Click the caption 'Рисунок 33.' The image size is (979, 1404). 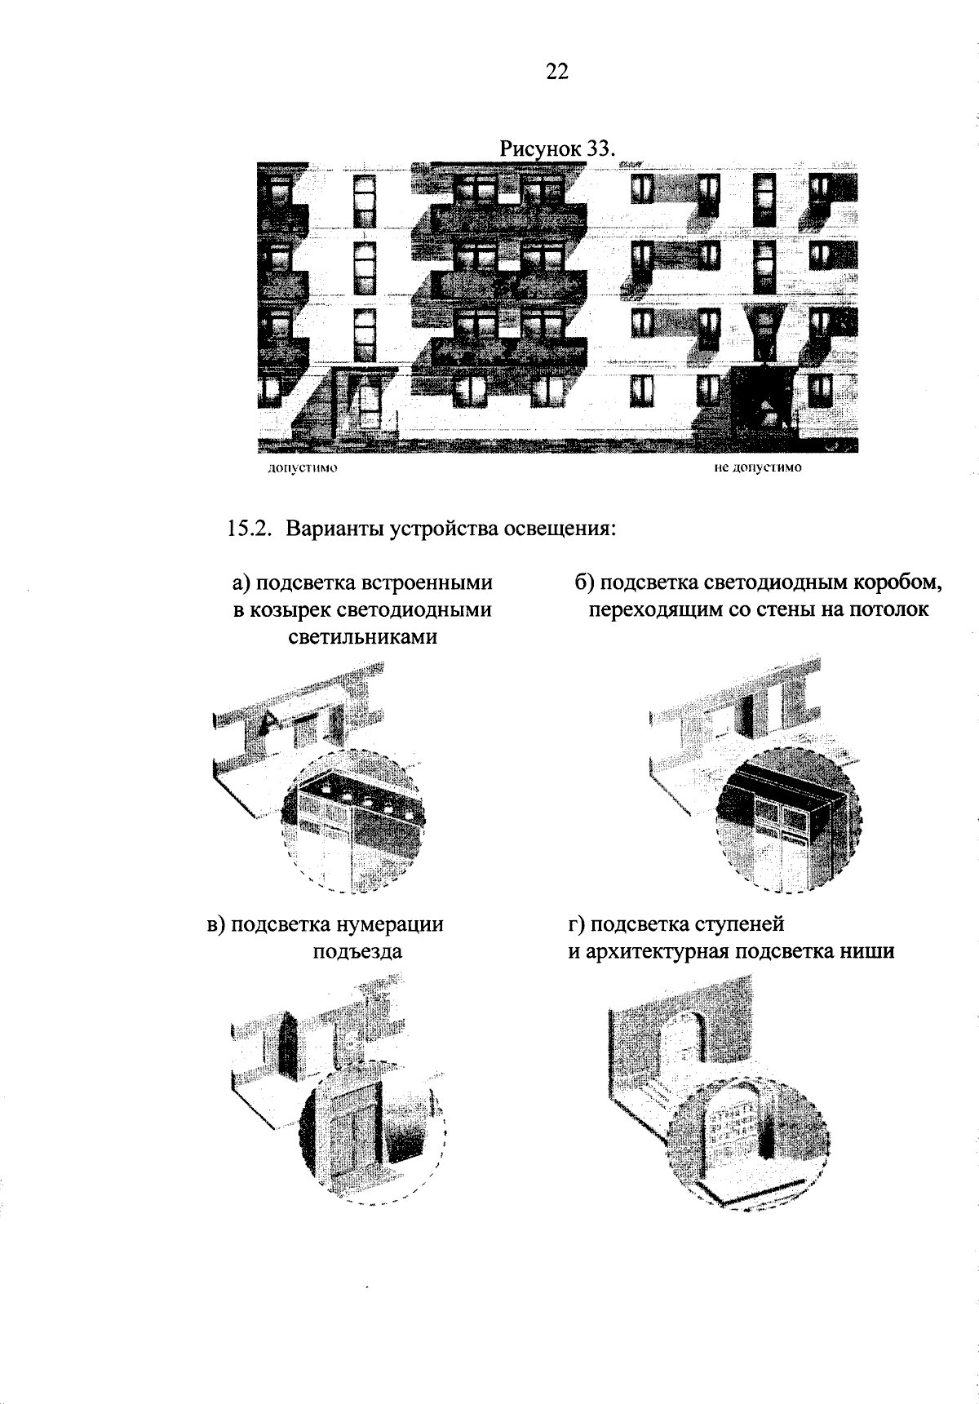point(555,150)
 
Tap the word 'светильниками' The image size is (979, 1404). point(363,637)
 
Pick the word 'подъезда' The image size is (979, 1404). point(357,951)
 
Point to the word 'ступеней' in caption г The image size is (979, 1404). point(740,924)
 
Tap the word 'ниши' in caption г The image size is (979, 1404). point(871,951)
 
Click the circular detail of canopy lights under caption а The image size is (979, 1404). point(352,821)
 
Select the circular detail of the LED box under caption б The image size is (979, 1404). point(788,819)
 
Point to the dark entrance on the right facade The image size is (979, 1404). point(763,400)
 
